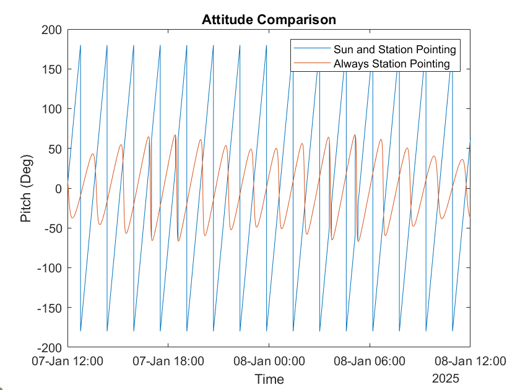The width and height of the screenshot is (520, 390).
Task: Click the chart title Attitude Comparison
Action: tap(269, 20)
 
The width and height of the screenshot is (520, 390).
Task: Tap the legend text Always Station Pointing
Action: tap(391, 63)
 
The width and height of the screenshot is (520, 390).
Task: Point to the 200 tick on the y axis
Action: tap(52, 30)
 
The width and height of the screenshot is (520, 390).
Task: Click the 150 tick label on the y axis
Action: tap(52, 69)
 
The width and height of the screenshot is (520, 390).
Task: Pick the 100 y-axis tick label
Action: tap(52, 109)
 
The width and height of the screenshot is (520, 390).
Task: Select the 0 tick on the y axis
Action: tap(59, 189)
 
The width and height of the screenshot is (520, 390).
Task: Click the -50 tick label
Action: tap(53, 228)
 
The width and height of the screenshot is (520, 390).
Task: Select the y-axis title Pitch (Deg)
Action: tap(27, 189)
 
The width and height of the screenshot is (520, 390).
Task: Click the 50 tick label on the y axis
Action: tap(55, 149)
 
